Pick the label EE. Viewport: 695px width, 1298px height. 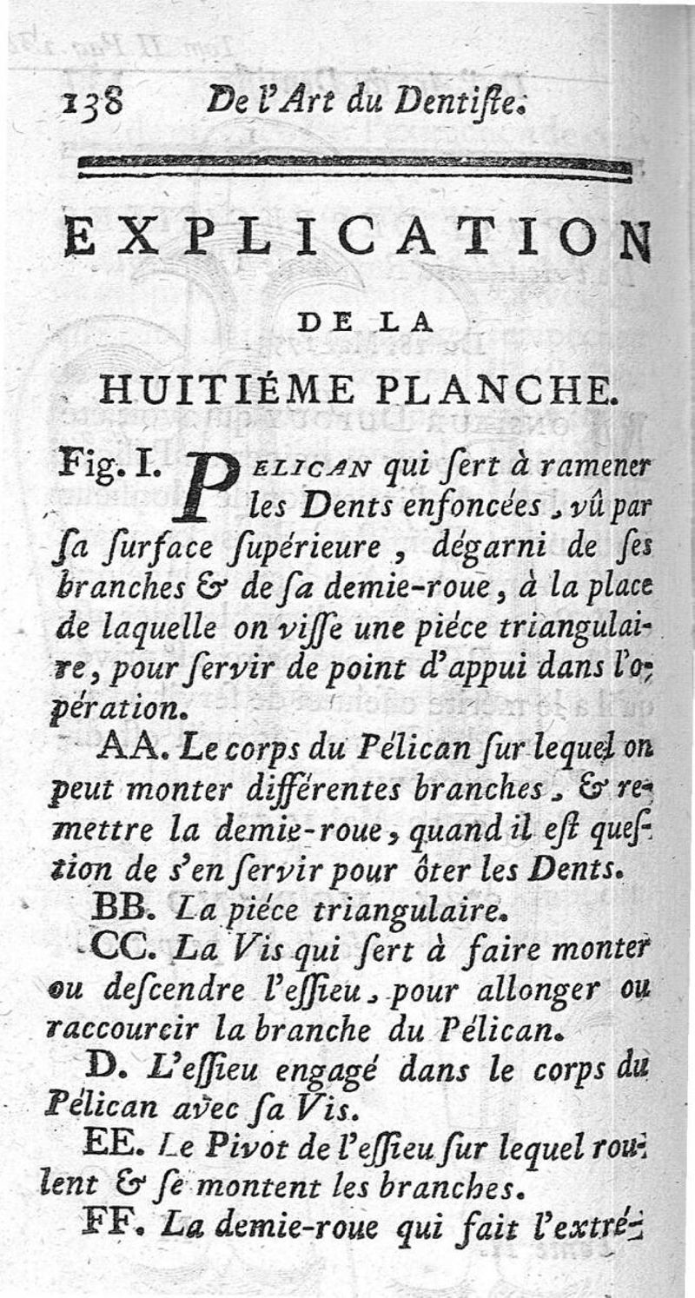coord(116,1144)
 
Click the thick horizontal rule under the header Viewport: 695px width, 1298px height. coord(354,169)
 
